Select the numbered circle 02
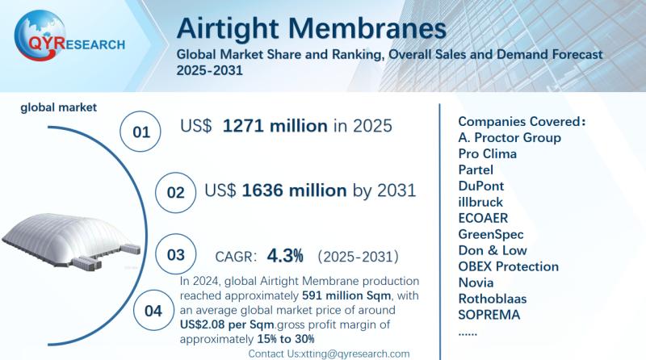pyautogui.click(x=176, y=193)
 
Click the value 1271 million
pyautogui.click(x=275, y=126)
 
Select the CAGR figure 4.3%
pyautogui.click(x=286, y=257)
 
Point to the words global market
pyautogui.click(x=59, y=106)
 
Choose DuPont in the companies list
pyautogui.click(x=482, y=186)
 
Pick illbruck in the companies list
pyautogui.click(x=480, y=202)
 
